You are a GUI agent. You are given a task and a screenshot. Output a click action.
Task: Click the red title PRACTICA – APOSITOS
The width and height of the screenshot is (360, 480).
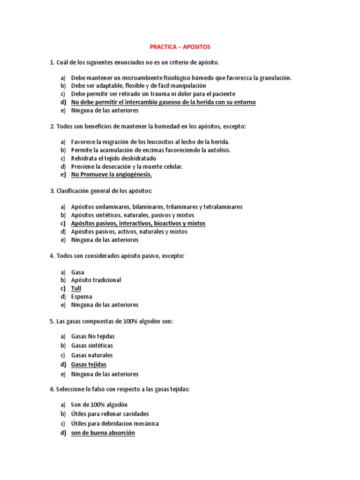pos(180,47)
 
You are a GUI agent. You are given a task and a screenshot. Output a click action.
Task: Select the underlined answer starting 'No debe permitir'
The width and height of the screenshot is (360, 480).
pos(163,102)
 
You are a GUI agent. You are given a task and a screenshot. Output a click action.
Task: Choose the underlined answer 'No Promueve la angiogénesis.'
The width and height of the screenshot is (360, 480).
pos(112,175)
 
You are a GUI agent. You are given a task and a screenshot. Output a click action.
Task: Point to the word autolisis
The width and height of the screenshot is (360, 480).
pos(218,150)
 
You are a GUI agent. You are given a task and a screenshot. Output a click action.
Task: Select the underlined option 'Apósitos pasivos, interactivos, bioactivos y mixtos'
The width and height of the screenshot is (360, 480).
pos(138,224)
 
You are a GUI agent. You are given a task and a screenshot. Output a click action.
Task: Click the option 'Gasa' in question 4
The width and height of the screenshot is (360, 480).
pos(78,272)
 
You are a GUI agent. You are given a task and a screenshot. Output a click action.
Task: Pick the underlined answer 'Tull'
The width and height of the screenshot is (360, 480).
pos(76,288)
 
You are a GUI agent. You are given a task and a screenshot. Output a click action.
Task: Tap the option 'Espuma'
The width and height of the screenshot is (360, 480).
pos(82,297)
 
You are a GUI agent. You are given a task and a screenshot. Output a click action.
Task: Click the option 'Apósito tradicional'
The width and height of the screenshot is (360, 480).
pos(96,280)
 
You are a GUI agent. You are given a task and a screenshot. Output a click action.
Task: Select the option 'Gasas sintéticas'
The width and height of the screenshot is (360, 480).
pos(92,345)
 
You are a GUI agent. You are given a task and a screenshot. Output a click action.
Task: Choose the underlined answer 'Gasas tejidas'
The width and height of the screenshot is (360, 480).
pos(89,364)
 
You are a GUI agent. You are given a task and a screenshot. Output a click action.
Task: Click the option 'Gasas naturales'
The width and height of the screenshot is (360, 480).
pos(92,355)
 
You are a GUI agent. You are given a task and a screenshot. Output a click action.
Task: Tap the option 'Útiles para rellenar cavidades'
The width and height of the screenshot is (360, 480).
pos(110,414)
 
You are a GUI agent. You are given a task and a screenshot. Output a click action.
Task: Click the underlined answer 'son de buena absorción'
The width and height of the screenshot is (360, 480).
pos(103,433)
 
